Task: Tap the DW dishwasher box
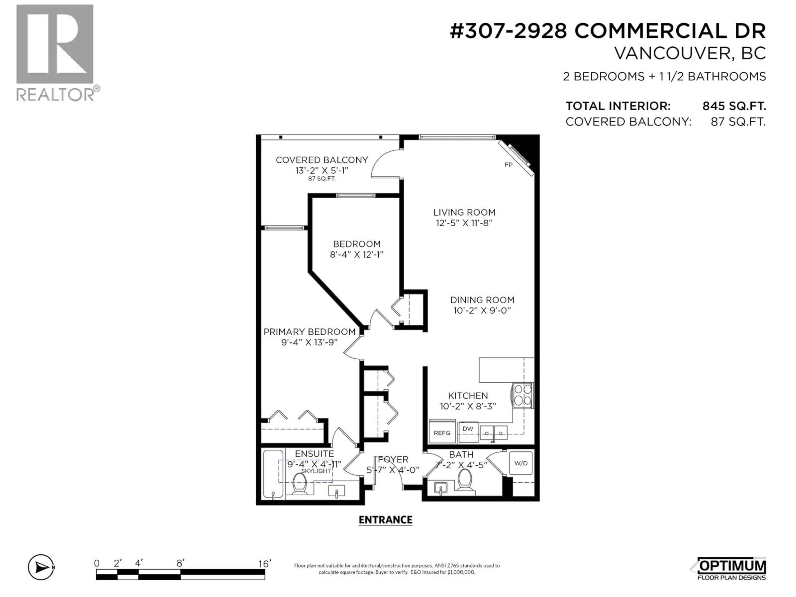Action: pyautogui.click(x=468, y=429)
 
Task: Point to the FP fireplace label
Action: pyautogui.click(x=508, y=165)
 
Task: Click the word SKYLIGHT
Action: pyautogui.click(x=316, y=471)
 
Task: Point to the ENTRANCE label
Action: pyautogui.click(x=385, y=520)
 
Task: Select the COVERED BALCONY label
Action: pyautogui.click(x=322, y=160)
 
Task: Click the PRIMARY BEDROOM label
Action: pyautogui.click(x=309, y=332)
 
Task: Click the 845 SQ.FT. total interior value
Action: pyautogui.click(x=734, y=106)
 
